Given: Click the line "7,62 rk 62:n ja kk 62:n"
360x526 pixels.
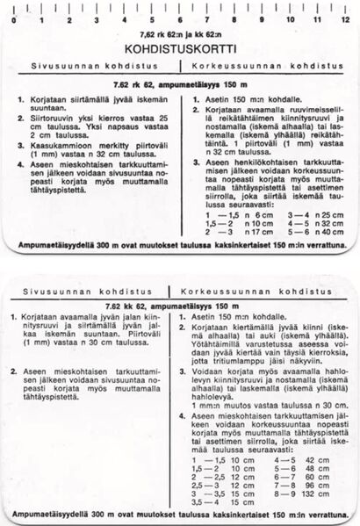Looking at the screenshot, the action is pos(179,32).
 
